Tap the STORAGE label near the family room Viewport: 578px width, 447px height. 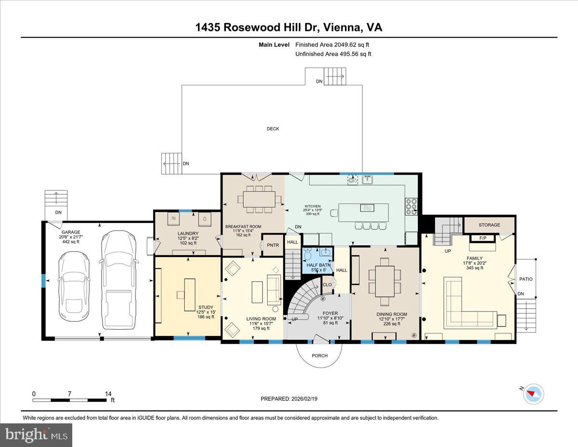tap(489, 225)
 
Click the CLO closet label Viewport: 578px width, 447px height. tap(327, 284)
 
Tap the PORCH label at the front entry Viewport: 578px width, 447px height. tap(319, 355)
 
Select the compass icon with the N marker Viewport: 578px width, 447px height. tap(534, 393)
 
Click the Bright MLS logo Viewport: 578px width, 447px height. tap(36, 435)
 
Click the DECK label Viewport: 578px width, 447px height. tap(273, 129)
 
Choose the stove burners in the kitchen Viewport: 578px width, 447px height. tap(411, 206)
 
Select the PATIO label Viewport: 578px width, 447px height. tap(526, 279)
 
